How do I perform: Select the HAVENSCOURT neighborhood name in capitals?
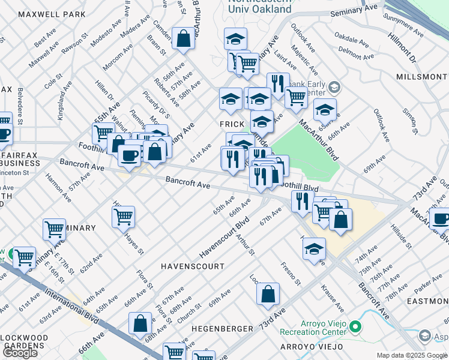tap(192, 266)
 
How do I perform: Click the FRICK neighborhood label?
tap(232, 123)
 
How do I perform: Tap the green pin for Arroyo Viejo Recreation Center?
tap(355, 327)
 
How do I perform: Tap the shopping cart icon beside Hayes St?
tap(123, 217)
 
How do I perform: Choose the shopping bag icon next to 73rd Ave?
tap(268, 294)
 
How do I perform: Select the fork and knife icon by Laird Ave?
tap(278, 84)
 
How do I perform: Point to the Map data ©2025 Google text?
tap(411, 355)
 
